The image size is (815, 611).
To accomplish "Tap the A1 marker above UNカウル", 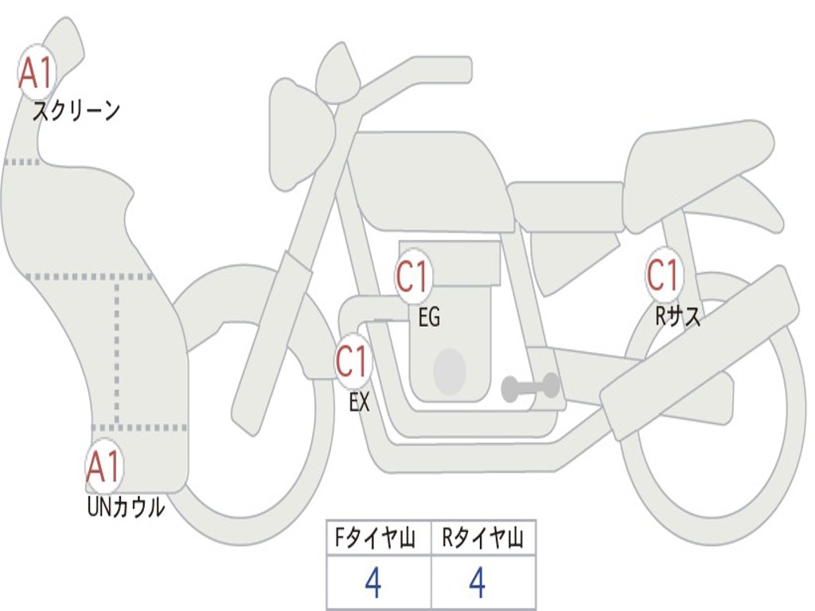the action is click(x=104, y=466).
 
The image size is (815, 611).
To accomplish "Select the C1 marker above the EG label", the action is click(x=412, y=276).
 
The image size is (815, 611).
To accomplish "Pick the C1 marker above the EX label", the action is click(x=353, y=361).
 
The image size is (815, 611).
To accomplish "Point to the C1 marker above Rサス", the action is click(x=664, y=274).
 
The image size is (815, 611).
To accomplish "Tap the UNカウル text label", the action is click(x=126, y=507).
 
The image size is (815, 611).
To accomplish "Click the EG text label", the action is click(x=429, y=317).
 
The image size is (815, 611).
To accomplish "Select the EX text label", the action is click(x=359, y=402).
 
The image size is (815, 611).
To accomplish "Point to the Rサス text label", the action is click(x=677, y=315).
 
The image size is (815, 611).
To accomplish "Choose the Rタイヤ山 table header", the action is click(x=483, y=538).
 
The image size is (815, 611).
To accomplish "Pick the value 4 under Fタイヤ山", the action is click(x=373, y=582).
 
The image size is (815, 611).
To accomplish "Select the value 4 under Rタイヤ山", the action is click(x=478, y=582).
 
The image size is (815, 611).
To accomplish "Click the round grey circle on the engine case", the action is click(x=450, y=371).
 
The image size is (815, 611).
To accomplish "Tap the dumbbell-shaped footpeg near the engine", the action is click(x=530, y=387).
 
